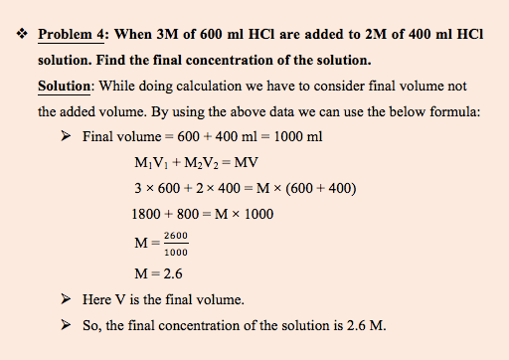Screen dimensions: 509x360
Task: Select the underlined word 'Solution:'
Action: tap(65, 88)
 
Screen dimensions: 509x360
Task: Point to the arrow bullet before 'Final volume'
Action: tap(66, 137)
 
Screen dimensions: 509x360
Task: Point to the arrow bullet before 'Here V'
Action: tap(66, 299)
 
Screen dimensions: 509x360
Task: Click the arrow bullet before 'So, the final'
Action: tap(66, 325)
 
